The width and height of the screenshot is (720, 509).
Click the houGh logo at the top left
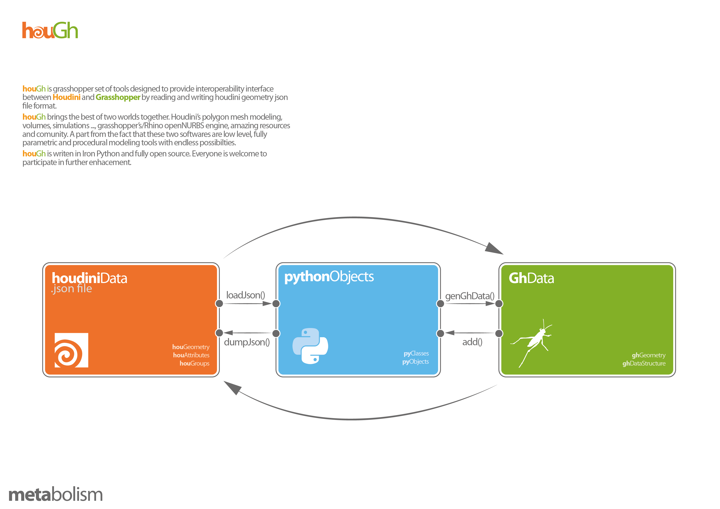click(50, 30)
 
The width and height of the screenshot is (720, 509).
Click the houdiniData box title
click(89, 278)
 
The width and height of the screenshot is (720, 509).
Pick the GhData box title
click(531, 278)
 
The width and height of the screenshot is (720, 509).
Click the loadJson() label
click(245, 295)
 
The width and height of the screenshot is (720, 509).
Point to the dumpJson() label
click(247, 342)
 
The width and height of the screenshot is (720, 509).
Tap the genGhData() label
click(470, 296)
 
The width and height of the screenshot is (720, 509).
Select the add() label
click(472, 342)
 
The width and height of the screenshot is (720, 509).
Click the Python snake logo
click(310, 346)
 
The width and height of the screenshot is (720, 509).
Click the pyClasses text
click(416, 353)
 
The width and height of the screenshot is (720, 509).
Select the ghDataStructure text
click(644, 363)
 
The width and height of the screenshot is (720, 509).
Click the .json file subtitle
click(71, 289)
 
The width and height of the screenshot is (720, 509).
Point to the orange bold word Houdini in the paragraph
click(66, 97)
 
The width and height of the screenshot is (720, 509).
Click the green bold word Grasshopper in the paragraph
click(118, 97)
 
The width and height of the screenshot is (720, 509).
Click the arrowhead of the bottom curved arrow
click(232, 388)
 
